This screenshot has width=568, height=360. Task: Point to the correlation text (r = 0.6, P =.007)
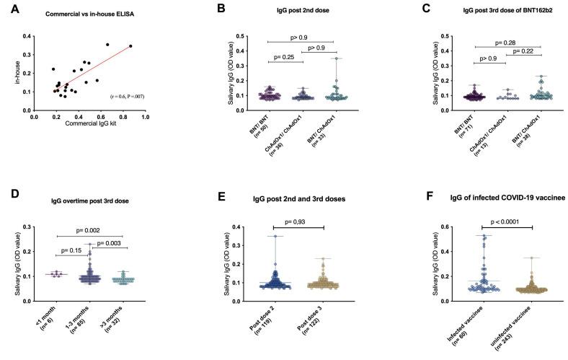[130, 95]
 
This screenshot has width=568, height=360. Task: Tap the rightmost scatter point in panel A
[130, 46]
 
